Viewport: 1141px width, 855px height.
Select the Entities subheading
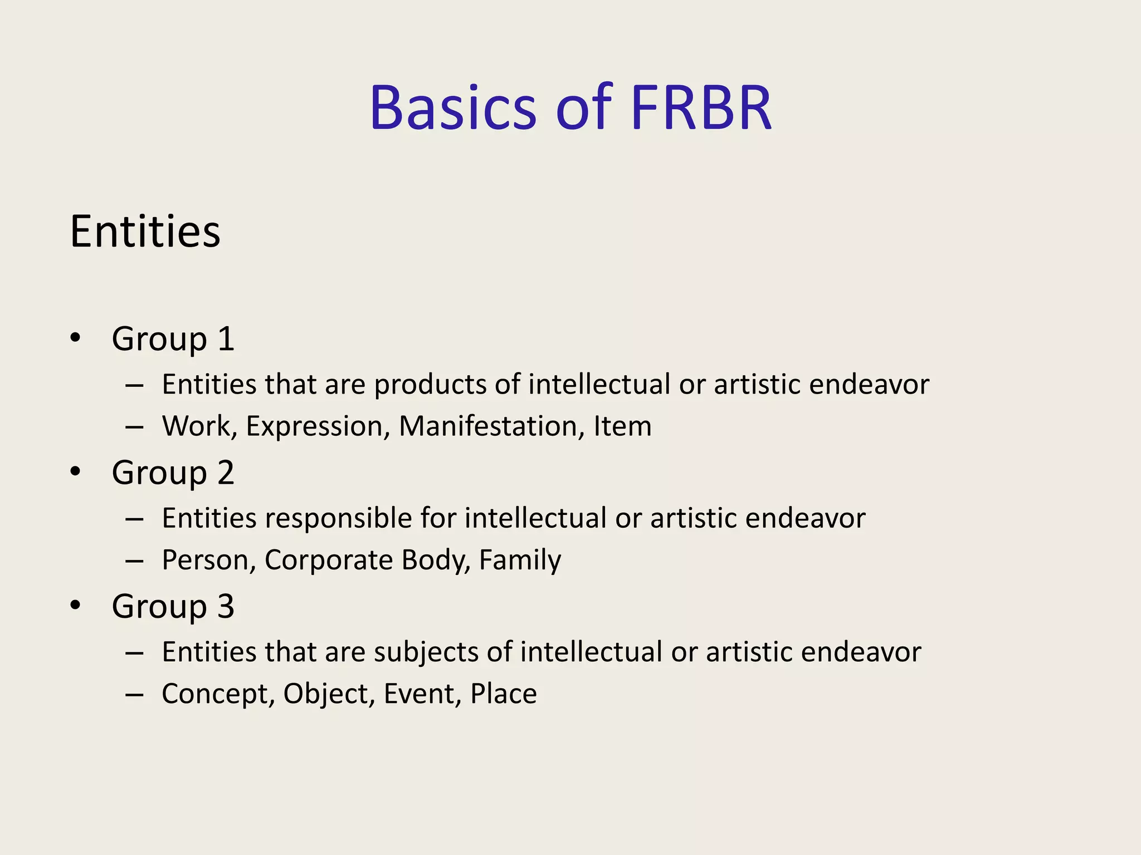(x=145, y=232)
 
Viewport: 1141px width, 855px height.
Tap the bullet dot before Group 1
(x=76, y=338)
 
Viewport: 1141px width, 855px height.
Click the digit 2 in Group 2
(x=226, y=473)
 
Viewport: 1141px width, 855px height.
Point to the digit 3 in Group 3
(x=226, y=606)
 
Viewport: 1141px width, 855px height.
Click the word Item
(x=622, y=426)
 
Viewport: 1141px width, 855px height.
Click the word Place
(x=503, y=694)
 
